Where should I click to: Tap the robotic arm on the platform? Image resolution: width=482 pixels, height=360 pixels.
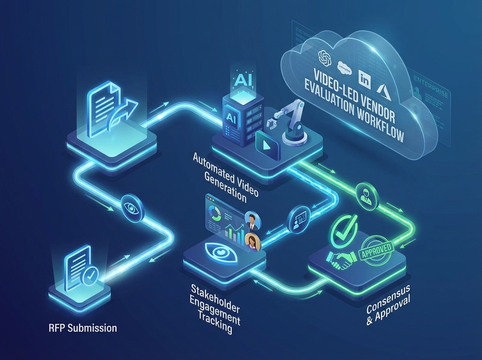point(289,121)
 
